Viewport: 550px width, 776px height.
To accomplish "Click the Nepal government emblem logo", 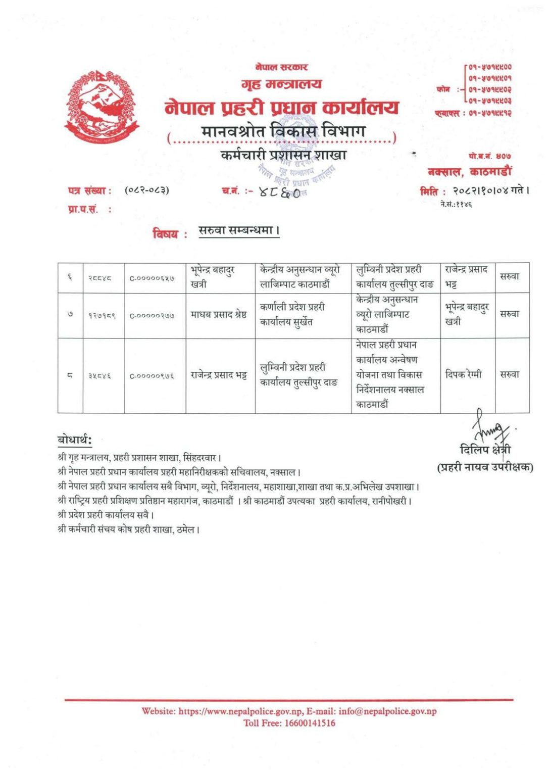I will coord(102,107).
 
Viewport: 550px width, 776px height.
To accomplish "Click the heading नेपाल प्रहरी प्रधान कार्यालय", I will coord(281,108).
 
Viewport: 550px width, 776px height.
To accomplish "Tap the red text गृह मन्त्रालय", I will coord(281,84).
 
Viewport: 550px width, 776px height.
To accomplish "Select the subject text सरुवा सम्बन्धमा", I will coord(238,231).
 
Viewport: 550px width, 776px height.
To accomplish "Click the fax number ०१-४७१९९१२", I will coord(489,113).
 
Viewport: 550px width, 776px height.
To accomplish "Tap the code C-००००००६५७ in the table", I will coord(153,278).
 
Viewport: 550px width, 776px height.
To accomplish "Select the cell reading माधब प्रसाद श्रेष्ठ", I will coord(219,315).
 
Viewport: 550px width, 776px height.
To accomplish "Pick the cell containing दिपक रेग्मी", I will coord(464,374).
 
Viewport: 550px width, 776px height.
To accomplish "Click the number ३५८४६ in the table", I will coord(99,376).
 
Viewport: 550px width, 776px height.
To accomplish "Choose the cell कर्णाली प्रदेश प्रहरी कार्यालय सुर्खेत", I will coord(293,314).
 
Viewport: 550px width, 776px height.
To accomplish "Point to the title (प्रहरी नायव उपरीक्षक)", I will coord(484,467).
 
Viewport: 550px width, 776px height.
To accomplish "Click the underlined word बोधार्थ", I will coord(74,440).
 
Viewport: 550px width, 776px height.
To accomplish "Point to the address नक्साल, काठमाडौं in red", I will coord(469,172).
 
